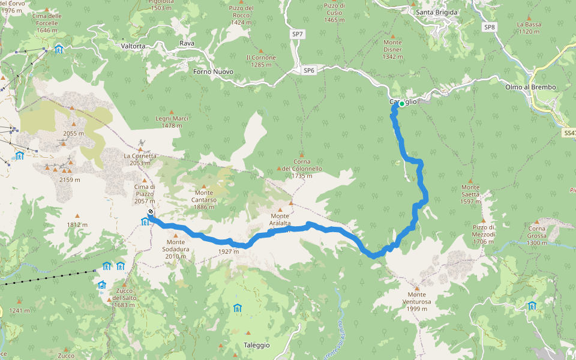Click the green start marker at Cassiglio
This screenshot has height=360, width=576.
point(401,104)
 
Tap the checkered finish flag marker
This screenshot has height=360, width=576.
point(151,212)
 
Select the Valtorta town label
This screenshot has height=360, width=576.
point(133,46)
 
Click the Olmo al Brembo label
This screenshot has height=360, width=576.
point(530,87)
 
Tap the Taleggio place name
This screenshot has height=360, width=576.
point(257,345)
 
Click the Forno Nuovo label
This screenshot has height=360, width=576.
point(213,72)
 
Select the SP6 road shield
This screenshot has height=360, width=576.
point(309,70)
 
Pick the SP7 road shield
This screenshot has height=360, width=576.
point(297,35)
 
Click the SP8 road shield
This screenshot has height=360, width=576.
point(490,27)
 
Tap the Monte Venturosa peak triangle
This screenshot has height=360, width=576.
point(416,288)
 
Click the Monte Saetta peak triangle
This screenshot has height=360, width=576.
point(470,181)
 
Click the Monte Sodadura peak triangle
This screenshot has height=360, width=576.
point(176,235)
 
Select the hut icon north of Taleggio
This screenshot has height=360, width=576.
point(238,308)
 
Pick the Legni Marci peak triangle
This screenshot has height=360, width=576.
point(172,112)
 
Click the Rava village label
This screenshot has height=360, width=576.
point(187,43)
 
